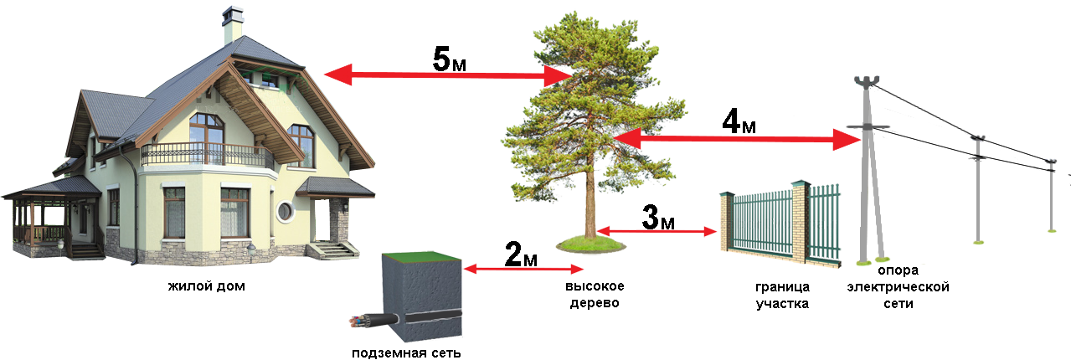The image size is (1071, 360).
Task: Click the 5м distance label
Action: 449,59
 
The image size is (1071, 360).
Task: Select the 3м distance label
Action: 658,217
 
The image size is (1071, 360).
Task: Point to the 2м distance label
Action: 521,254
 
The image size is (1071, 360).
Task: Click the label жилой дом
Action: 207,286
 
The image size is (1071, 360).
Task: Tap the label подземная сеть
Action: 406,353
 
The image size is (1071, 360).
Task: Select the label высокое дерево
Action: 595,295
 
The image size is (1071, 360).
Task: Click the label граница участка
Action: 782,295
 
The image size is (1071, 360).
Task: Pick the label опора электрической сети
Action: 898,287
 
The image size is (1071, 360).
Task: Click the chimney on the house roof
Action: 232,25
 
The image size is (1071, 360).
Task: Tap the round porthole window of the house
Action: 285,211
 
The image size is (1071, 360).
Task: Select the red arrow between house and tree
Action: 448,75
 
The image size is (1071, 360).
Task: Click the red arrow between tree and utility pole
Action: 736,139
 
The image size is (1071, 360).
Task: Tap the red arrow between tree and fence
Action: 657,232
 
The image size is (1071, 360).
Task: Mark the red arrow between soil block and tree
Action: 523,270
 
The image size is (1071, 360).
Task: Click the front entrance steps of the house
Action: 333,250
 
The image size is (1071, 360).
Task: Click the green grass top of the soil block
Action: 421,256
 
